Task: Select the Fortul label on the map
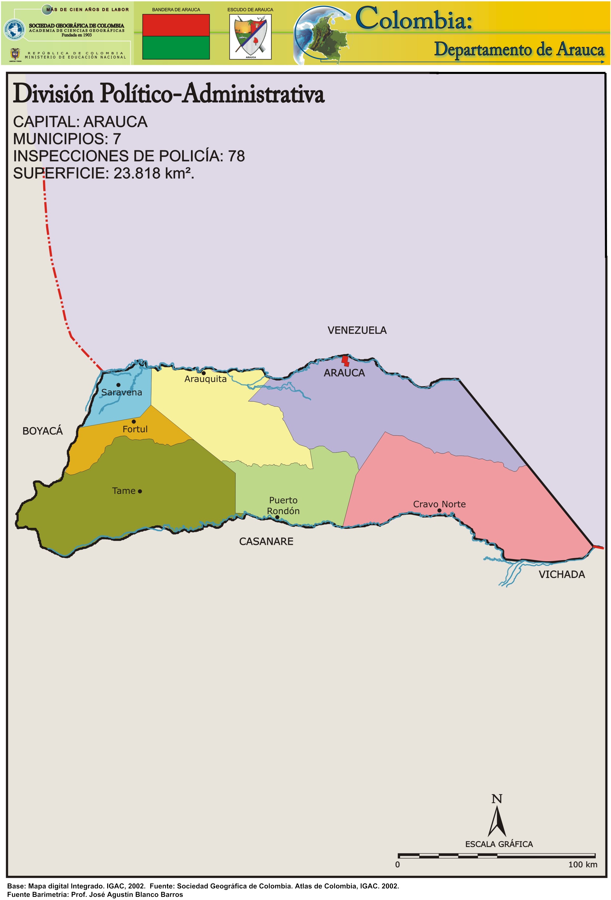135,429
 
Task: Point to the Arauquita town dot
203,373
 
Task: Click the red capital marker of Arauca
345,361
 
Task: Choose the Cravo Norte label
439,504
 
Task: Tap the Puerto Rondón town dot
277,517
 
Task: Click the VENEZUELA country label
357,330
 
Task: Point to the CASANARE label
266,541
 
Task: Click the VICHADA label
561,574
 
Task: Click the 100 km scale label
582,864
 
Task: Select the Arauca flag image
176,37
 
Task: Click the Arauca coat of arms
250,37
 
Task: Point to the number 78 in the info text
236,156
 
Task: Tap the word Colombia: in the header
414,19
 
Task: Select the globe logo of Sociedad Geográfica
14,29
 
